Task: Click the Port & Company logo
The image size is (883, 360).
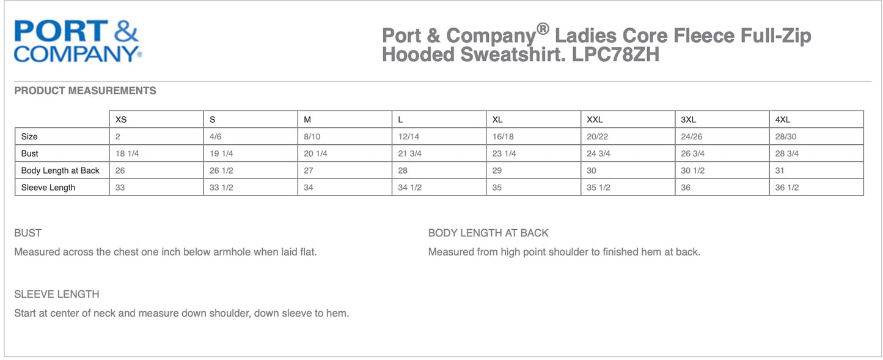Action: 78,41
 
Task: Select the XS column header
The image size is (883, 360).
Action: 121,120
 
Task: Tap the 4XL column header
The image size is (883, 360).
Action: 782,120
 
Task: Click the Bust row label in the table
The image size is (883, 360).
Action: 30,153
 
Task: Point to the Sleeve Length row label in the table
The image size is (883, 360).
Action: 48,188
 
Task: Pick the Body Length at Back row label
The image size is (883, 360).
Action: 60,171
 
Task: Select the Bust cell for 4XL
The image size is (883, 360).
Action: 787,153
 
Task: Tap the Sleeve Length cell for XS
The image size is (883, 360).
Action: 120,188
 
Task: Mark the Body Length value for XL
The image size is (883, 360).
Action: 497,171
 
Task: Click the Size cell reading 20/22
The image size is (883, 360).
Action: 598,137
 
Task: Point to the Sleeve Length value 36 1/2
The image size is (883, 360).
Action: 787,188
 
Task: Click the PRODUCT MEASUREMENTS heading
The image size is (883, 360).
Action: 85,90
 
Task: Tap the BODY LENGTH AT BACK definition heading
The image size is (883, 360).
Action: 488,233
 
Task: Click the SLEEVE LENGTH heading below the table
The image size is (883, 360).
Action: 57,295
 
